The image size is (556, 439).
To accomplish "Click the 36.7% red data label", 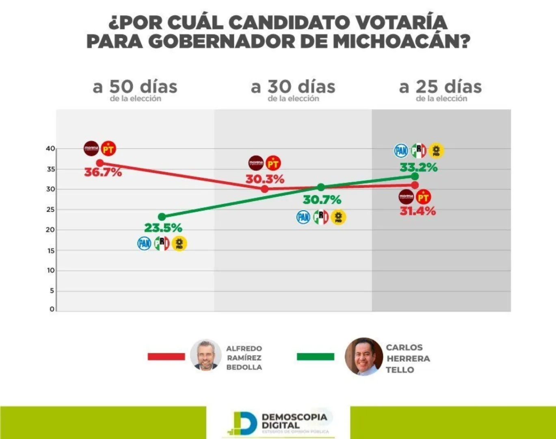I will point(103,172).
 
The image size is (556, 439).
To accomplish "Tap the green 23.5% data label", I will point(163,228).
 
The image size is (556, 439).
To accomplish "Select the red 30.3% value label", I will point(265,179).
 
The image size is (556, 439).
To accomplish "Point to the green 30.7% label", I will point(322,200).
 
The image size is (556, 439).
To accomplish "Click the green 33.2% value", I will point(419,167).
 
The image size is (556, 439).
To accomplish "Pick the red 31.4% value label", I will point(418,211).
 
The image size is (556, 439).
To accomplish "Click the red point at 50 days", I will point(100,163).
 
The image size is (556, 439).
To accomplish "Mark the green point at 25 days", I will point(415,176).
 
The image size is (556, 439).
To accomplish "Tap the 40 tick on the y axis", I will point(50,149).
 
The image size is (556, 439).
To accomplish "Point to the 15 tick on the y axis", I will point(51,251).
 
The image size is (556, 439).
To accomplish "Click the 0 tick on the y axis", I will point(52,309).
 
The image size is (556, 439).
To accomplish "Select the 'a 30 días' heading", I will point(293,87).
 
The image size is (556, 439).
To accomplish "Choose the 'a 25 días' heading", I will point(441,87).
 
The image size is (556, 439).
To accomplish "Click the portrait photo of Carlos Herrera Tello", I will point(363,356).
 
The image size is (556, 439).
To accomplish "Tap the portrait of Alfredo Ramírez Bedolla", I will point(206,355).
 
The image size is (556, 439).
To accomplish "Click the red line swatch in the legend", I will point(167,356).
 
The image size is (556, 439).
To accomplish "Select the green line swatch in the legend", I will point(316,356).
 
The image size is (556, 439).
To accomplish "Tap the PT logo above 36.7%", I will point(108,149).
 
